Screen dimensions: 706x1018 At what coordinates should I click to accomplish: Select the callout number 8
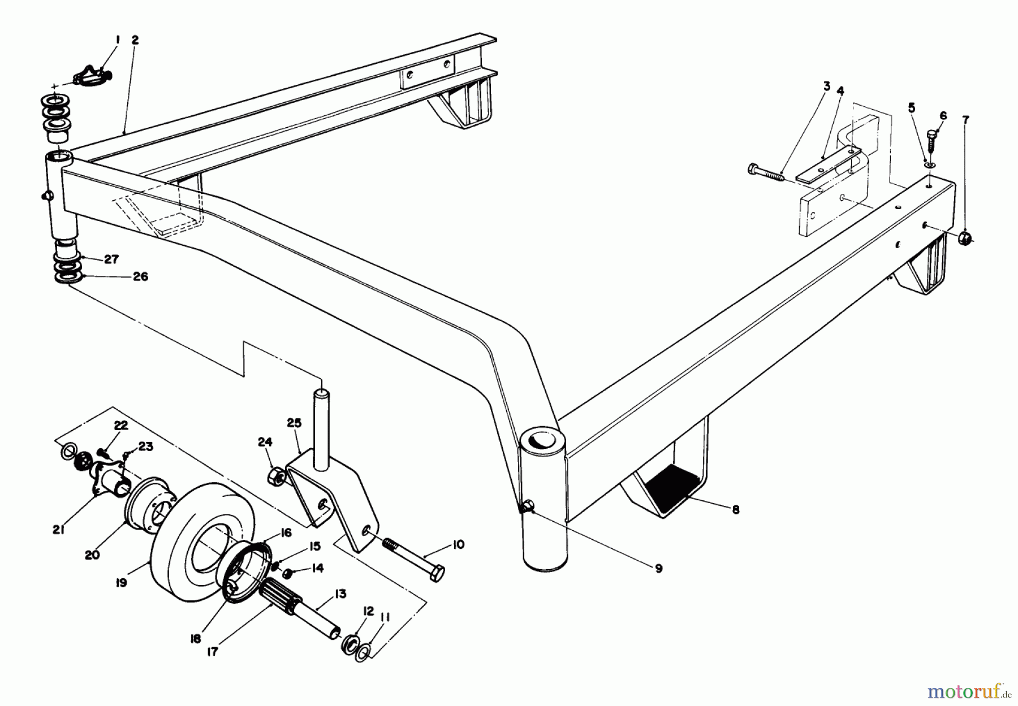pos(735,509)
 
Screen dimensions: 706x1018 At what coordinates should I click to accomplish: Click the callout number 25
pos(297,423)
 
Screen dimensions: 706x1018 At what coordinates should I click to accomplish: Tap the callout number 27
pos(111,259)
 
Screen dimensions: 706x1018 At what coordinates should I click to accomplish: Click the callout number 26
pos(140,276)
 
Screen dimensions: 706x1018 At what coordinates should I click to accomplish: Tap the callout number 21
pos(59,530)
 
